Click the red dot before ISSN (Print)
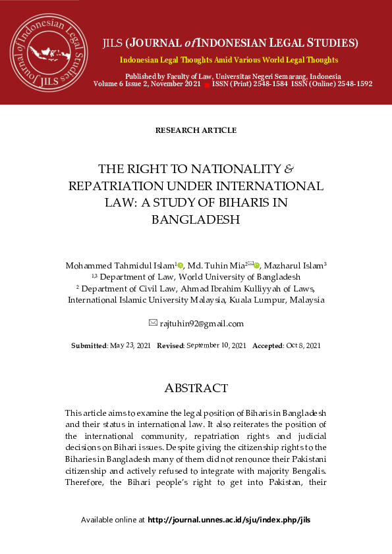(x=206, y=85)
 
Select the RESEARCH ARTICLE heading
(x=196, y=130)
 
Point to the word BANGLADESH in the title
(x=196, y=220)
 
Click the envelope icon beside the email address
(x=154, y=322)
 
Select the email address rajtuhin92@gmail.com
(x=202, y=323)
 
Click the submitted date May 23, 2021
(x=130, y=345)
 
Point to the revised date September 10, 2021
(x=216, y=345)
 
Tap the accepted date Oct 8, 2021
(x=303, y=345)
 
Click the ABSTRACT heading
(x=196, y=388)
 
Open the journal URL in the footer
(x=229, y=520)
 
